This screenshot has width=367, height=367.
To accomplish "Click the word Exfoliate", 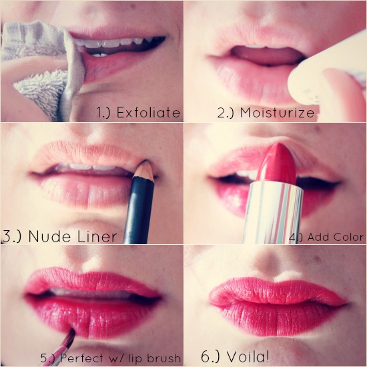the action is click(148, 112).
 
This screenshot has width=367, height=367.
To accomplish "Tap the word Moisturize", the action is click(277, 112).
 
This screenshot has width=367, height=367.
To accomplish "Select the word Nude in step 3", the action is click(49, 236).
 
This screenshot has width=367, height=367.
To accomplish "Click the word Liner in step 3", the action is click(97, 236).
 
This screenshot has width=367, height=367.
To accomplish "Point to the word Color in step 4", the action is click(348, 237).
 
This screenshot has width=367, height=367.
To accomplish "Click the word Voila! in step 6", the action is click(248, 356).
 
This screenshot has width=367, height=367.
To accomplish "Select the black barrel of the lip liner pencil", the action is click(139, 211).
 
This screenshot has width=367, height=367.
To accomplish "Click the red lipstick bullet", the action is click(277, 164).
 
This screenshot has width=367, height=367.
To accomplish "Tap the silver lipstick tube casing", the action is click(273, 213).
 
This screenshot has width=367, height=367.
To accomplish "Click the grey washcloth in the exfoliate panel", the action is click(42, 68).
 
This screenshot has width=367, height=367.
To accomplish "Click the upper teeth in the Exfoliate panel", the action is click(117, 43).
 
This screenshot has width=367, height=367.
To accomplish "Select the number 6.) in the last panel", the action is click(211, 357).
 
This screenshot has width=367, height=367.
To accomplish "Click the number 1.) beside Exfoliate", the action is click(103, 112).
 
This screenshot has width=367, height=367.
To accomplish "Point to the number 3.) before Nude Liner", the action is click(11, 237).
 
